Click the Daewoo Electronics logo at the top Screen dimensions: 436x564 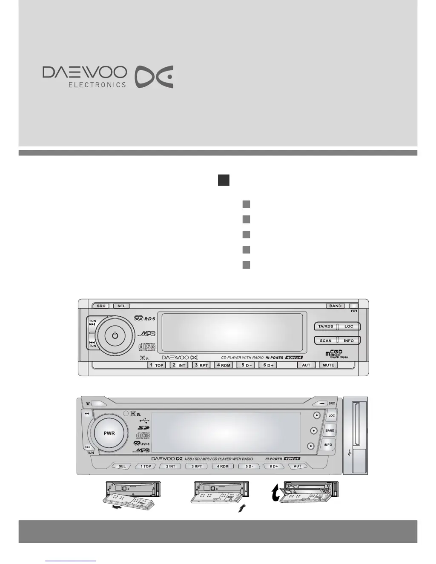[x=108, y=77]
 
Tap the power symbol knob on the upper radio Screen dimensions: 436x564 [x=115, y=335]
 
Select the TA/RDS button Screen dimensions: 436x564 [x=326, y=326]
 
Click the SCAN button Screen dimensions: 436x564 [x=326, y=341]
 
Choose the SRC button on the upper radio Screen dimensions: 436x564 [x=101, y=306]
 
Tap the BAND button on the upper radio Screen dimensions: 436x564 [x=336, y=306]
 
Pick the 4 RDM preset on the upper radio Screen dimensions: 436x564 [x=224, y=365]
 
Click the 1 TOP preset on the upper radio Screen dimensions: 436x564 [x=157, y=365]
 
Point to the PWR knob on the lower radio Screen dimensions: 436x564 [x=109, y=433]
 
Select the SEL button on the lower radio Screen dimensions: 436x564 [x=122, y=466]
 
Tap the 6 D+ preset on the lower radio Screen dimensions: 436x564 [x=274, y=466]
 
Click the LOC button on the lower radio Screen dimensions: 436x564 [x=332, y=415]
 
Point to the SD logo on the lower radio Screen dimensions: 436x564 [x=143, y=428]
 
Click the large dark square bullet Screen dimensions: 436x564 [x=224, y=180]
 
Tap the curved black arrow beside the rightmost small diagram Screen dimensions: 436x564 [x=276, y=493]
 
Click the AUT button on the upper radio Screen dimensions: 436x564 [x=306, y=365]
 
